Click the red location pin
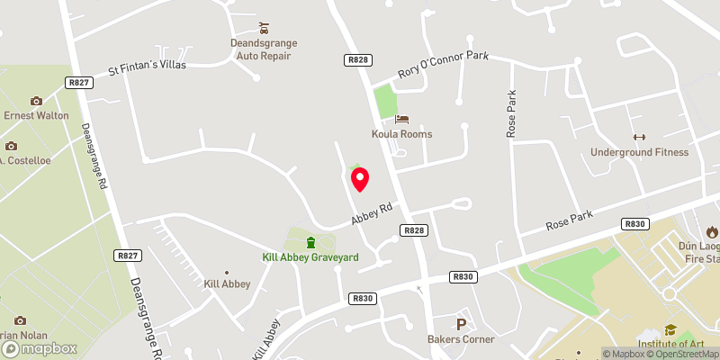click(360, 178)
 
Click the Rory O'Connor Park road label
click(443, 67)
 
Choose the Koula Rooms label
click(402, 134)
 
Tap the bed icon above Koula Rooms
click(401, 118)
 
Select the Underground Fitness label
click(639, 152)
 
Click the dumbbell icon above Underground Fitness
click(639, 137)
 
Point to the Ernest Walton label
click(36, 115)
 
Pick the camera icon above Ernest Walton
click(36, 101)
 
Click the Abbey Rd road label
click(373, 212)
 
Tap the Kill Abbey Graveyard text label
click(310, 257)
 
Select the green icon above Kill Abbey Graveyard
click(310, 241)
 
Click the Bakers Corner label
click(461, 339)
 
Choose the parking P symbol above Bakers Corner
click(461, 324)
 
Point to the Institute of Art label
click(670, 345)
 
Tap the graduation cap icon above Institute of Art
click(670, 329)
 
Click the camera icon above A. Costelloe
click(11, 146)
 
